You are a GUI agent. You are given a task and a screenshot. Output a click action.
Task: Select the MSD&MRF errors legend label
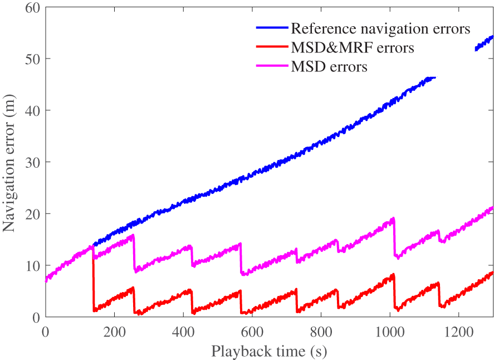point(353,48)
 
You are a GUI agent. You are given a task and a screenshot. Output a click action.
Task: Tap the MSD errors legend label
point(329,67)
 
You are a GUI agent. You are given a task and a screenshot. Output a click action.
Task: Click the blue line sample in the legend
point(272,28)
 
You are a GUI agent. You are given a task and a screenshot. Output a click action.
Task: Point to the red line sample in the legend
point(272,47)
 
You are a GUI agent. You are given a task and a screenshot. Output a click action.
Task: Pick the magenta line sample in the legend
point(272,67)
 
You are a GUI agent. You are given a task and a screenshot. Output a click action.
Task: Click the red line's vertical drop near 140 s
point(93,279)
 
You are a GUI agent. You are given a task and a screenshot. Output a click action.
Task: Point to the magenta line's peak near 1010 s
point(393,218)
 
